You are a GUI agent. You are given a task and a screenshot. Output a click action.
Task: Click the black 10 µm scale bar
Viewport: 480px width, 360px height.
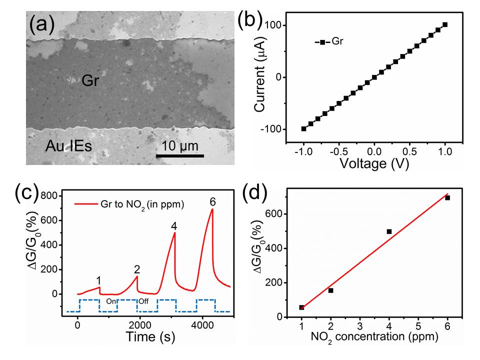tap(180, 155)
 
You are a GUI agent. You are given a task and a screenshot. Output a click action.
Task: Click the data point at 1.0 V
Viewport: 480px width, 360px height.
tap(445, 24)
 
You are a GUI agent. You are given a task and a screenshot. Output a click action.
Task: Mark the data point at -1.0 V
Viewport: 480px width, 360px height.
tap(303, 128)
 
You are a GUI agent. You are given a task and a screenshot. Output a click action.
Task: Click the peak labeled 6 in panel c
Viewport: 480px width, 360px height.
tap(212, 209)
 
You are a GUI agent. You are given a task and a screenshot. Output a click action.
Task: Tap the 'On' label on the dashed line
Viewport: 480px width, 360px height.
tap(111, 301)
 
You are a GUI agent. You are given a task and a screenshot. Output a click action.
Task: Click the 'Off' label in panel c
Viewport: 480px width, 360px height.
tap(143, 301)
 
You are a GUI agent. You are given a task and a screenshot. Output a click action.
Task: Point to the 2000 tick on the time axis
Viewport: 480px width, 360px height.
tap(139, 324)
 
